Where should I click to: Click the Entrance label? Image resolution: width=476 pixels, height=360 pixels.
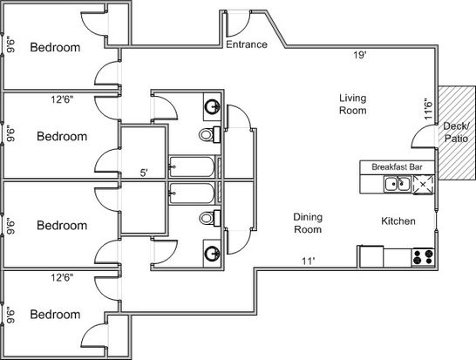point(247,44)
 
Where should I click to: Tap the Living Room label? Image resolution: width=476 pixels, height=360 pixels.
point(353,104)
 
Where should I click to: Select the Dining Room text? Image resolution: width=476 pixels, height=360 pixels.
point(308,223)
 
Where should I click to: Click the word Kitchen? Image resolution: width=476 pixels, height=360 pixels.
point(398,221)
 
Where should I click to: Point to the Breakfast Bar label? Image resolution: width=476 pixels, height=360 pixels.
point(397,166)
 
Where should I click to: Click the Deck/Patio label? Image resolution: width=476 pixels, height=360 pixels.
point(456,132)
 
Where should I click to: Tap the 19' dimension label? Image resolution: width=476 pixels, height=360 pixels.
point(360,55)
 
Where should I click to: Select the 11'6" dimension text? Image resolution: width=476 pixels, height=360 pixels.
point(428,109)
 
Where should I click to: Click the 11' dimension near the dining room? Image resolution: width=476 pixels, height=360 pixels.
point(308,261)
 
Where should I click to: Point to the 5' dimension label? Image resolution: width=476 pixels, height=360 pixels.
point(144,173)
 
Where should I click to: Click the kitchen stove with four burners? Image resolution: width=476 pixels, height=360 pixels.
point(423,257)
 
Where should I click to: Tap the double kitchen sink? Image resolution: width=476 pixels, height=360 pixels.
point(398,184)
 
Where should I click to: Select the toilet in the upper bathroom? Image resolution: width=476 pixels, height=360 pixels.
point(210,134)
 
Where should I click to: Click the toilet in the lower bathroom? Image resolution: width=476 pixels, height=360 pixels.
point(210,218)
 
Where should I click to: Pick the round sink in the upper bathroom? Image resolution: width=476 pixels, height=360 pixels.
point(212,106)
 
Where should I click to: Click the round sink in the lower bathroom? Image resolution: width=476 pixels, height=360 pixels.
point(212,254)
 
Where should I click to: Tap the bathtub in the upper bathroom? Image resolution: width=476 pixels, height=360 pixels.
point(192,166)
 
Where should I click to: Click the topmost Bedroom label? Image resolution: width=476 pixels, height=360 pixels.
point(55,47)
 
